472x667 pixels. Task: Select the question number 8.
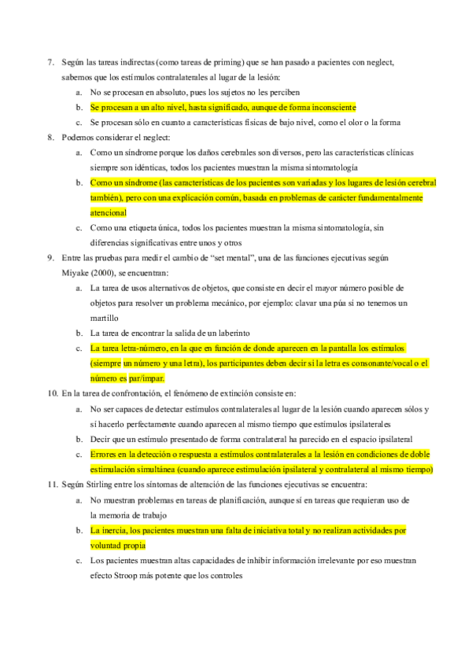[x=50, y=137]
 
